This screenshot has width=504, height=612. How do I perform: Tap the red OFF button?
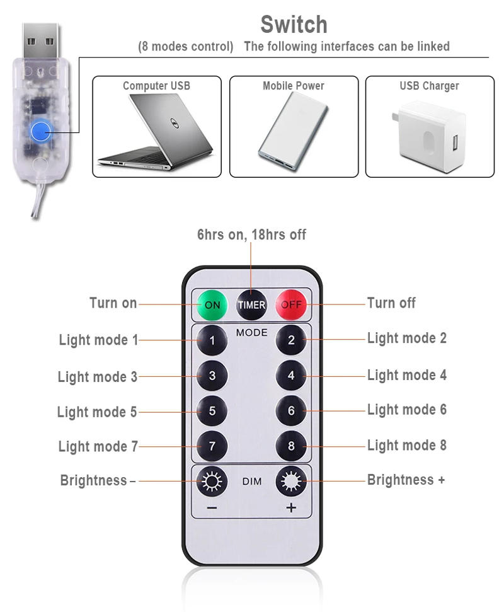point(290,304)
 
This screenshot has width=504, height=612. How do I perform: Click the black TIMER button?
point(251,304)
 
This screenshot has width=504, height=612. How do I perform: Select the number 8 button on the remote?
point(291,446)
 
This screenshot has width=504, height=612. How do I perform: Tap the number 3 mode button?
point(212,376)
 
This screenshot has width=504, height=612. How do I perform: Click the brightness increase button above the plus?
point(291,482)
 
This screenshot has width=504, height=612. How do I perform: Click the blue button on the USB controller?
point(41,131)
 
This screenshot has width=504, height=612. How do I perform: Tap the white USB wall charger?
point(432,135)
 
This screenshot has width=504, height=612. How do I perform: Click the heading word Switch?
point(294,25)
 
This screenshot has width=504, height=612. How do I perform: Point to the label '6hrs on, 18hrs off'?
point(251,234)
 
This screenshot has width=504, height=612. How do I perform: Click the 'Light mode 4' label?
point(406,375)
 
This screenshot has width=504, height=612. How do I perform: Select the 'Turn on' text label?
point(113,303)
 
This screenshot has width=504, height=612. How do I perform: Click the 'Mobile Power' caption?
point(294,86)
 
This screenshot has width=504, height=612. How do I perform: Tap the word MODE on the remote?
point(252,332)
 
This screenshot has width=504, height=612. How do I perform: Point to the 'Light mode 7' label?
point(98,446)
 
